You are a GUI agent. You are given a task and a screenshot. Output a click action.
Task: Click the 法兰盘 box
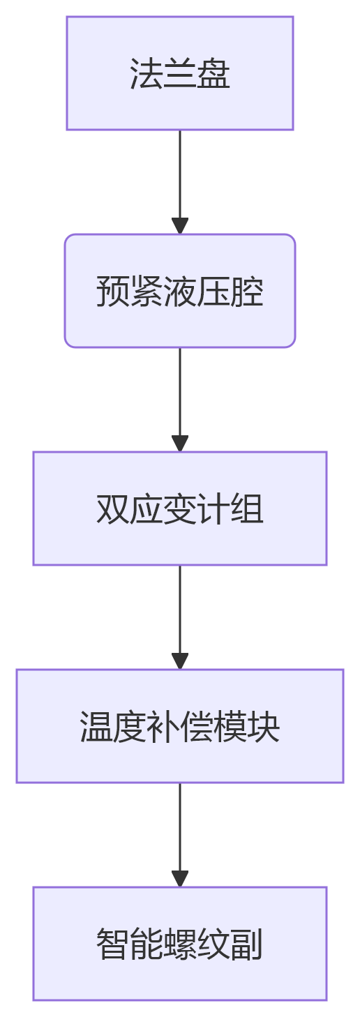tap(179, 73)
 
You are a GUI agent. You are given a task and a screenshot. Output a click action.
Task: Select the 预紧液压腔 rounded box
tap(179, 291)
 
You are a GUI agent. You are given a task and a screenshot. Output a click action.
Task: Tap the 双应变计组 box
tap(179, 508)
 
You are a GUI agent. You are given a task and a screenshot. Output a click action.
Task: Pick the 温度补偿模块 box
tap(179, 726)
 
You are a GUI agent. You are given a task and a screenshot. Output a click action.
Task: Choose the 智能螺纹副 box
tap(179, 944)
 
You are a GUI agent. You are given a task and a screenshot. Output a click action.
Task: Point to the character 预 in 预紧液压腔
tap(112, 292)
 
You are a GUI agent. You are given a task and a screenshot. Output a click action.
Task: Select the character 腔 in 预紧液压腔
tap(247, 292)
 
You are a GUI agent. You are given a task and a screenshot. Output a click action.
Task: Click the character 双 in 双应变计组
tap(112, 509)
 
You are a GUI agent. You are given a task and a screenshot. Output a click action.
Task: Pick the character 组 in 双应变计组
tap(247, 509)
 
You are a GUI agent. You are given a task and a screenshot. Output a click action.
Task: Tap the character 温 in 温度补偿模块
tap(96, 727)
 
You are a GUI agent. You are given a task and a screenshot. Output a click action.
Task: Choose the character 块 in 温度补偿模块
tap(264, 727)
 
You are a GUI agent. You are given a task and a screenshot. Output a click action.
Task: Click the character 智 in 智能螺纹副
tap(112, 944)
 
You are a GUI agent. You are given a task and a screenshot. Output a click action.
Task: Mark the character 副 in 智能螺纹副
tap(247, 944)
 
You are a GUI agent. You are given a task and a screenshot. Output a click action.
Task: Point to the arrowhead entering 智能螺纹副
tap(180, 879)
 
